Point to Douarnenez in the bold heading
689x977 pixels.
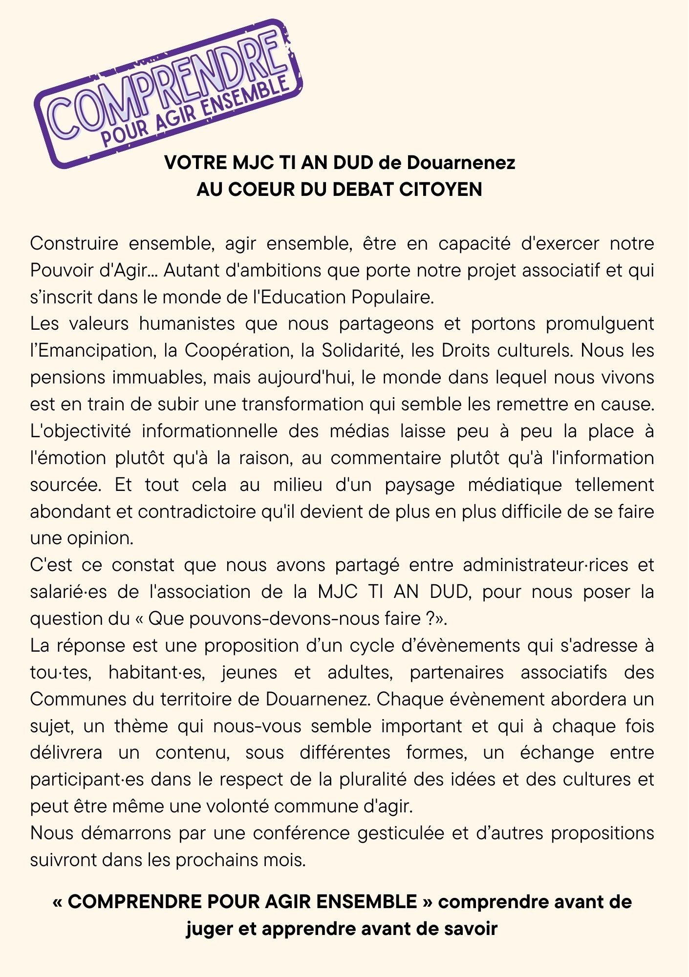click(x=461, y=163)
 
